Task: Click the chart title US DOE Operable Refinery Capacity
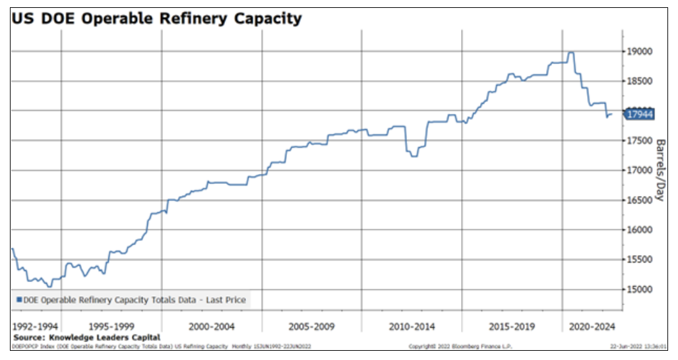click(x=156, y=18)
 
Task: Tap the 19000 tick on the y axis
click(x=641, y=51)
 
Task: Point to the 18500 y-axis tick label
click(x=641, y=81)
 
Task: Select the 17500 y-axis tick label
click(x=641, y=140)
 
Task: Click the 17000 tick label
click(x=641, y=170)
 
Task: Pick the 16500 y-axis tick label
click(x=641, y=200)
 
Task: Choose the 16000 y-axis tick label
click(x=641, y=230)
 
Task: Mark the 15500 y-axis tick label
click(x=641, y=260)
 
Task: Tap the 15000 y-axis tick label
click(x=641, y=289)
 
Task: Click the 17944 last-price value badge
click(x=640, y=113)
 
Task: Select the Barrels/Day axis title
click(x=659, y=170)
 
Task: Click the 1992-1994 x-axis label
click(x=36, y=326)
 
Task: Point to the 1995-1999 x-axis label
click(x=111, y=326)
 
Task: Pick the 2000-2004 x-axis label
click(x=212, y=326)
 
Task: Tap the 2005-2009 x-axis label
click(x=311, y=326)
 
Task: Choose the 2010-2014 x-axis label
click(x=412, y=326)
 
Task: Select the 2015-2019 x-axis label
click(x=512, y=326)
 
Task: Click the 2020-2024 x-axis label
click(x=592, y=326)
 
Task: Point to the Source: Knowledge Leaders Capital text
click(x=86, y=337)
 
